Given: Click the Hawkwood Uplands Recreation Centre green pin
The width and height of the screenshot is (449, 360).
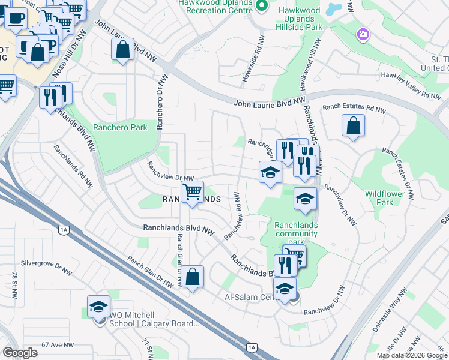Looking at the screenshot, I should click(x=262, y=6).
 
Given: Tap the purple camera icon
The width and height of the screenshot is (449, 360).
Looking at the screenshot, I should click(x=363, y=34).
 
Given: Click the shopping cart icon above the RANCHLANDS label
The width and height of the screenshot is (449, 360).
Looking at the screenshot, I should click(x=192, y=192).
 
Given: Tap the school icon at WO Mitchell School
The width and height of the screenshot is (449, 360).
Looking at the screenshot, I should click(x=98, y=307).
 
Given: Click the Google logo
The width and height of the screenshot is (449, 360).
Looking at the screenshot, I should click(x=20, y=353).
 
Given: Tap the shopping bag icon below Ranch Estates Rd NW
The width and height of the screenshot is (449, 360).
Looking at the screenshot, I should click(x=354, y=125).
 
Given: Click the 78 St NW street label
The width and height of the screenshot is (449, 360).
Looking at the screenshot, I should click(x=14, y=283).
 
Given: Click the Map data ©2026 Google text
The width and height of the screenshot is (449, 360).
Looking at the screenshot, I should click(x=412, y=355).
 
